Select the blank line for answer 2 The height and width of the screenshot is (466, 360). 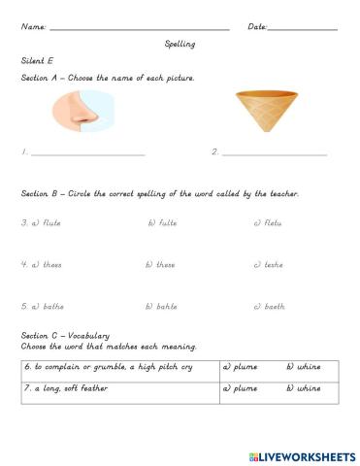click(274, 154)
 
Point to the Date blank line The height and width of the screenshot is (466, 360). click(303, 29)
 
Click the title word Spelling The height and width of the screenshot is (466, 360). click(180, 44)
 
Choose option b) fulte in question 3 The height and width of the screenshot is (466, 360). click(163, 222)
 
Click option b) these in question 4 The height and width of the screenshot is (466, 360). click(161, 264)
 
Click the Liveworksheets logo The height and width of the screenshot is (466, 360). click(302, 455)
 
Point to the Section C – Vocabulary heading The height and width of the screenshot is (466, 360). click(64, 336)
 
